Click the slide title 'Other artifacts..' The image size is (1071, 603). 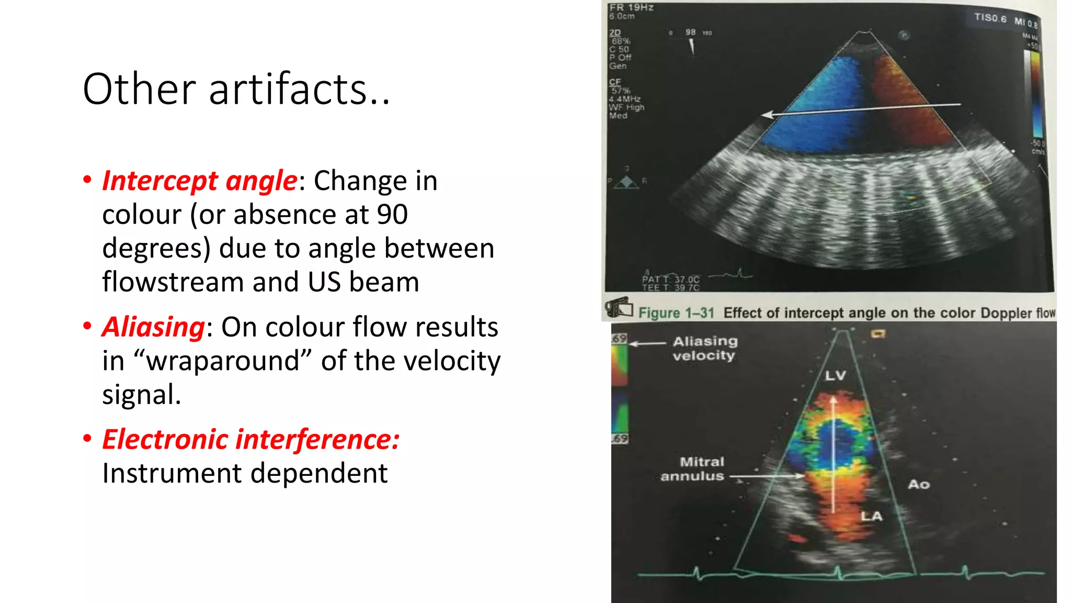click(236, 89)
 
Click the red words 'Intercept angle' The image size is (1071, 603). click(200, 181)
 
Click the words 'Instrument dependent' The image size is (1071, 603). click(245, 474)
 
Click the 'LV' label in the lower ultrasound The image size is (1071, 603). click(835, 376)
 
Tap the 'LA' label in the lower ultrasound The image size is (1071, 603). click(871, 517)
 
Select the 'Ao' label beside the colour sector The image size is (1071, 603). click(919, 485)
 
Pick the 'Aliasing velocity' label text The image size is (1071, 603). click(704, 349)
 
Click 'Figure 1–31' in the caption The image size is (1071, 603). click(676, 313)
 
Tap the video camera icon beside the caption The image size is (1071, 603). click(619, 307)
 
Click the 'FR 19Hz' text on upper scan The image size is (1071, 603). click(631, 7)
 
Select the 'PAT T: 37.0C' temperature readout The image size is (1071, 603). click(670, 280)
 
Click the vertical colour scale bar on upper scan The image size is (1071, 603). click(1035, 94)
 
